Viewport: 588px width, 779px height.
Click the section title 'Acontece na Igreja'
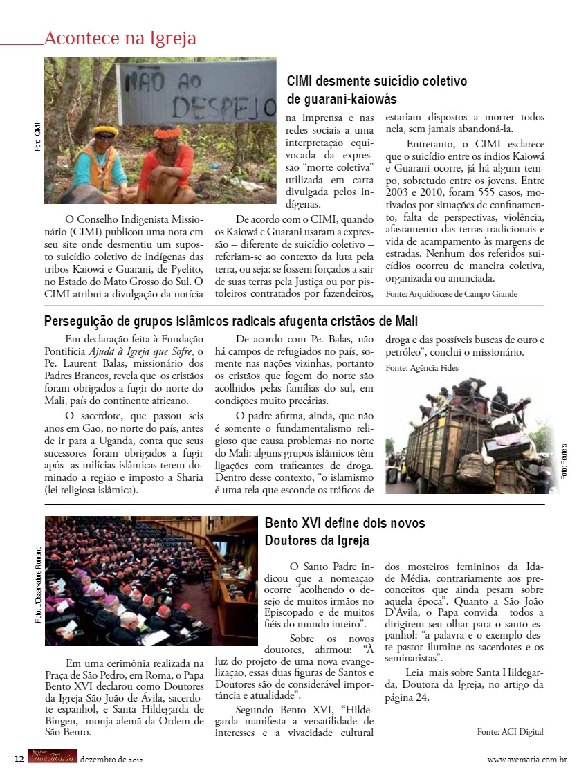point(120,38)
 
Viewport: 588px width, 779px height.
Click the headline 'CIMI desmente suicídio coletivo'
point(377,81)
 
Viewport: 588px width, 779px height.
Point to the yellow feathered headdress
point(105,131)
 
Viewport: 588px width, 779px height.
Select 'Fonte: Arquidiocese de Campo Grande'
point(451,293)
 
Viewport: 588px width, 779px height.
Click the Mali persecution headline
point(231,322)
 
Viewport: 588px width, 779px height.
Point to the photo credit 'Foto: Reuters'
point(564,462)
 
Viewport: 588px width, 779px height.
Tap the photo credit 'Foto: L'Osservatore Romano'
point(39,584)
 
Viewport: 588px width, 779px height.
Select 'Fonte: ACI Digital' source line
point(510,731)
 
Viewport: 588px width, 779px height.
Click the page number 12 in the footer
point(19,759)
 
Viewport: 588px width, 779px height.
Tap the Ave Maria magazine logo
point(52,758)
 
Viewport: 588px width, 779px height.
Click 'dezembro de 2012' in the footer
point(111,760)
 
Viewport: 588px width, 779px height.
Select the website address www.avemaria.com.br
point(527,760)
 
